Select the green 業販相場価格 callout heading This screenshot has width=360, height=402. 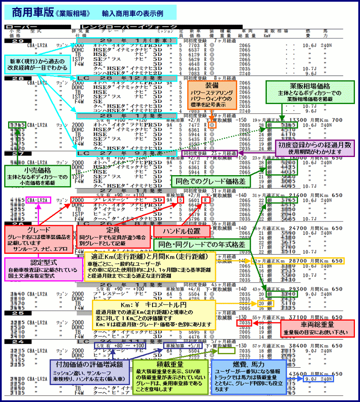(305, 86)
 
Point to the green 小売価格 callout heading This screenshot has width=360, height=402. (36, 169)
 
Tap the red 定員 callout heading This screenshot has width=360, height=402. (114, 229)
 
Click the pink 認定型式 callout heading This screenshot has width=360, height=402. (43, 263)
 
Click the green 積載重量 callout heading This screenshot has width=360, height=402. (172, 364)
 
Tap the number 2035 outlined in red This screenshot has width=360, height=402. (245, 323)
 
